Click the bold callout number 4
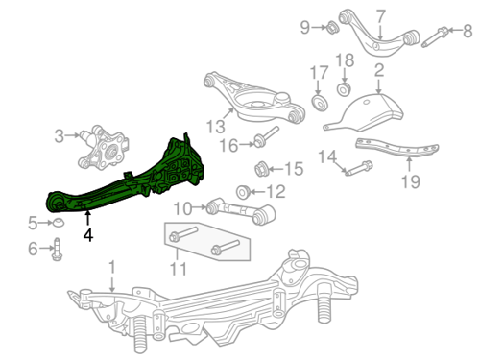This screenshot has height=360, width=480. coord(88,235)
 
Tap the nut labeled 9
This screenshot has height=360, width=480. coord(332,28)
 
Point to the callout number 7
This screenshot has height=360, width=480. coord(380,16)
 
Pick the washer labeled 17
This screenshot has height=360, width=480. coord(320,103)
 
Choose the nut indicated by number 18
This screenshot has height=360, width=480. coord(344,89)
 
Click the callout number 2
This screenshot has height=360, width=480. coord(379,70)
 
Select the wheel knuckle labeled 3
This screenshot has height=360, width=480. coord(103,147)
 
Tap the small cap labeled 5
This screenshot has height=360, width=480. coord(58,222)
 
